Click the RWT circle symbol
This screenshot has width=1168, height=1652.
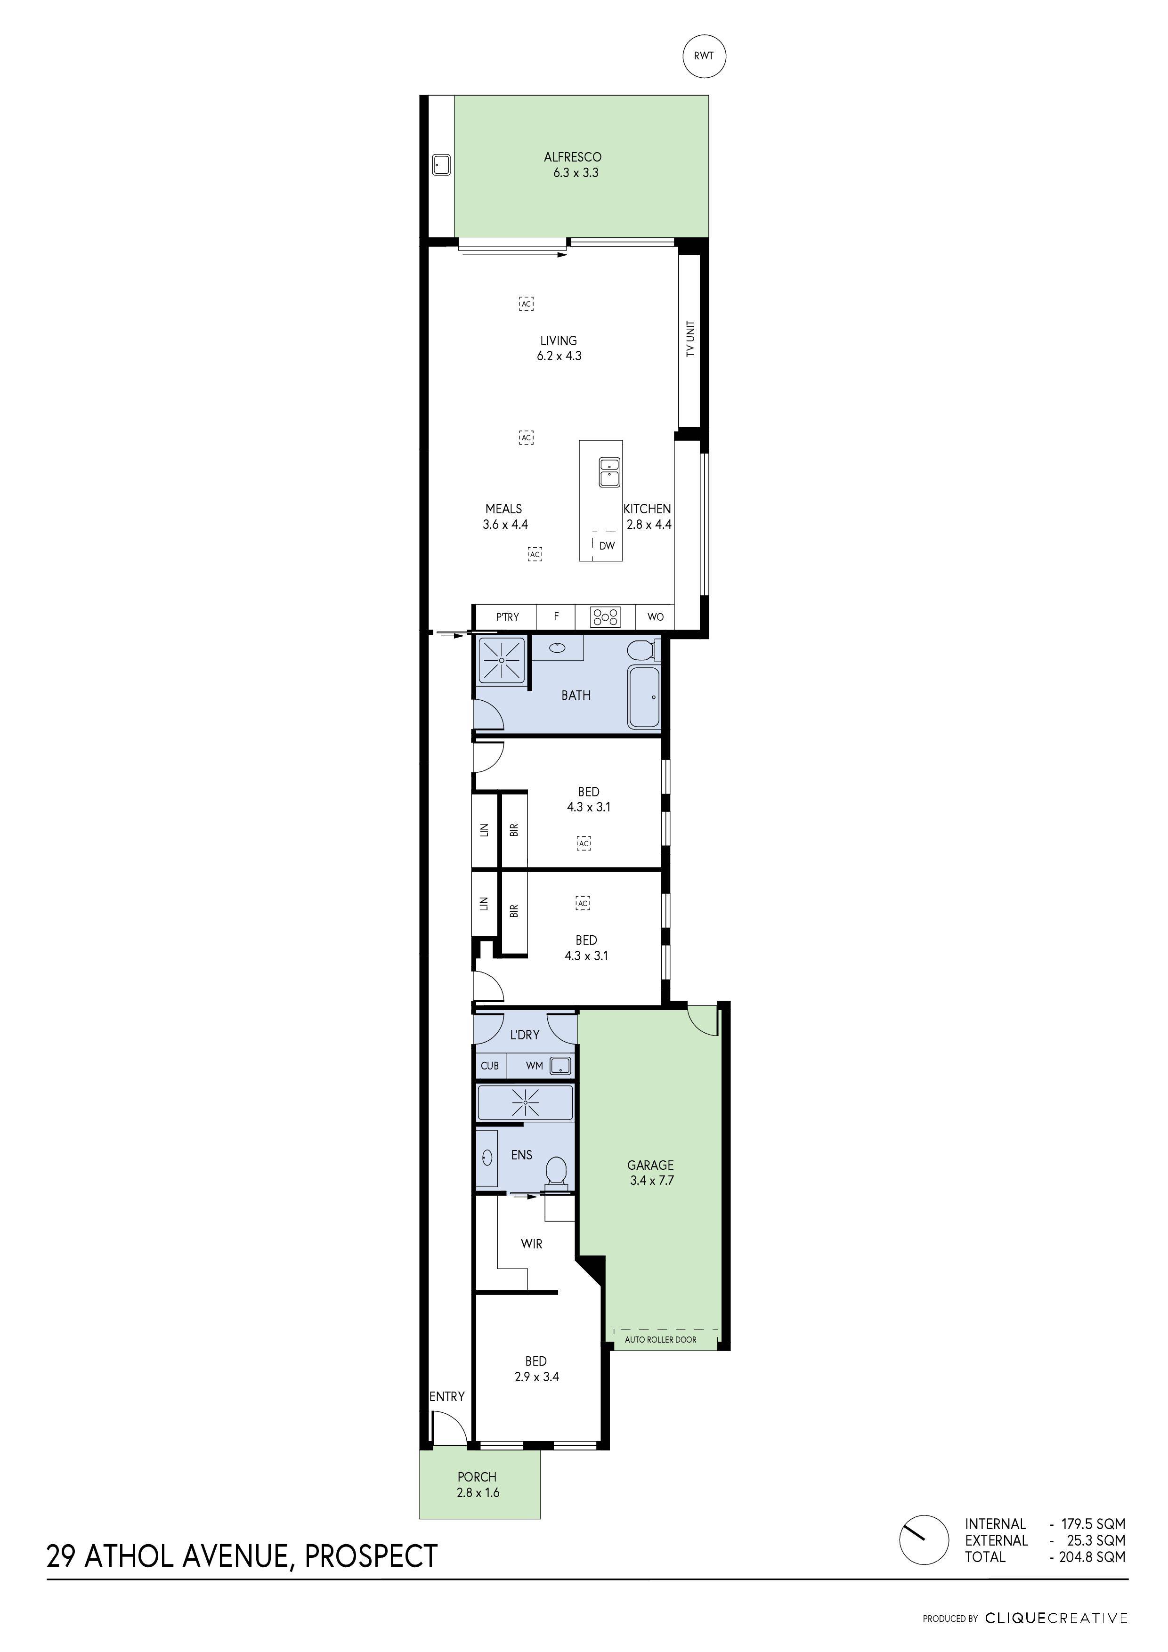[x=703, y=56]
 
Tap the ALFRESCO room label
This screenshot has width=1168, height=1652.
[x=572, y=157]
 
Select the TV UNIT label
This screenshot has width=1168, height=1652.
[x=691, y=339]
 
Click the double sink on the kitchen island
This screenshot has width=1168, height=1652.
[x=609, y=473]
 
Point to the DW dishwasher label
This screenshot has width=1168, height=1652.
[x=607, y=545]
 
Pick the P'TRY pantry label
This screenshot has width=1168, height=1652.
[x=507, y=616]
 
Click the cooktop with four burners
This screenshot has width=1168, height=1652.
[x=605, y=616]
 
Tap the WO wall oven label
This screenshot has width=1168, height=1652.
[x=655, y=616]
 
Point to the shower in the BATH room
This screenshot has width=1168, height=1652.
[x=502, y=658]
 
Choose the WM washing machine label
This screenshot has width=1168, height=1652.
[x=534, y=1066]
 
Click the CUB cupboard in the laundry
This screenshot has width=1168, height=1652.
[x=489, y=1066]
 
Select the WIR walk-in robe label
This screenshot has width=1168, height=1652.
[x=531, y=1243]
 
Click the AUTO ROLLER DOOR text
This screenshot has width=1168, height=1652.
[x=660, y=1340]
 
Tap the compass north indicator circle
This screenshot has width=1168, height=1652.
[x=923, y=1540]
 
